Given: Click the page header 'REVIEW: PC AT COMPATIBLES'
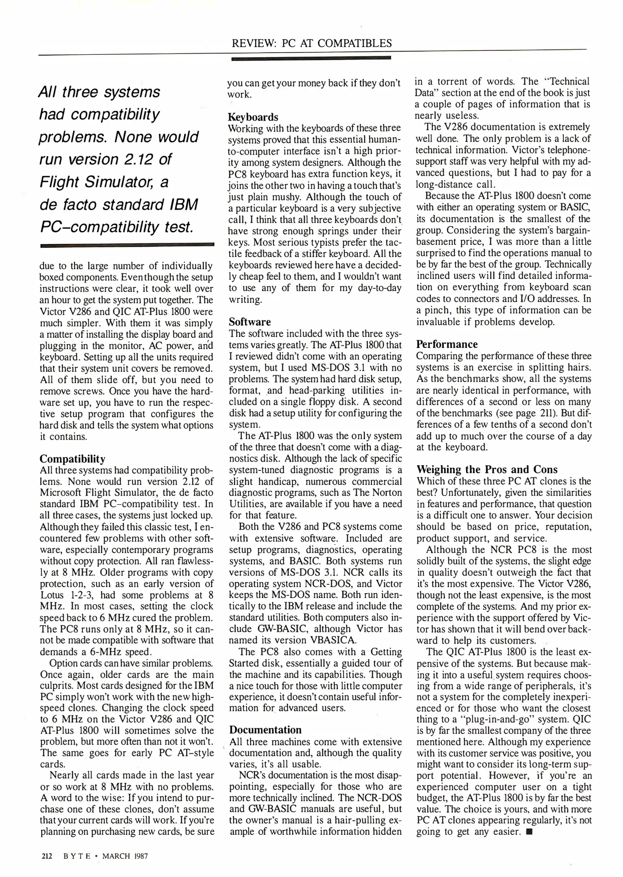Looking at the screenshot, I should tap(311, 43).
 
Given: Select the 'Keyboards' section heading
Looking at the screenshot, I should tap(253, 117).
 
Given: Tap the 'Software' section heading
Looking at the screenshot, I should tap(250, 322).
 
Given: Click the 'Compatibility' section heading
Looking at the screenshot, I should tap(72, 459).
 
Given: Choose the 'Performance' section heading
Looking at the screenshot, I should tap(447, 344).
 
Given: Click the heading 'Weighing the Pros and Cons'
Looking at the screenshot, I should tap(487, 469).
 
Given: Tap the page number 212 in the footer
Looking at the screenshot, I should tap(47, 856).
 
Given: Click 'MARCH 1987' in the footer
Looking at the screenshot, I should tap(125, 856).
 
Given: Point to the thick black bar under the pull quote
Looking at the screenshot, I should tap(127, 245).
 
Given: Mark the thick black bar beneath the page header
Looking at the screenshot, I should tap(311, 58).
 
